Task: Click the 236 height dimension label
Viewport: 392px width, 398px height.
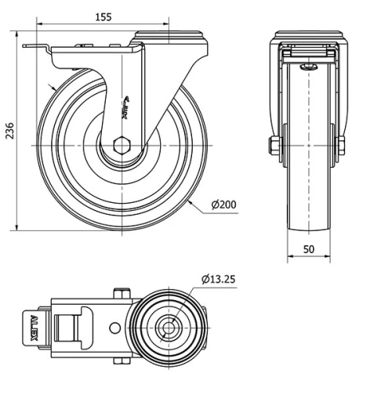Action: coord(9,132)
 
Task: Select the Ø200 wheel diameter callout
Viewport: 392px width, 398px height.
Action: coord(223,206)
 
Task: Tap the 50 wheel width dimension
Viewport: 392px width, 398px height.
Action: coord(309,249)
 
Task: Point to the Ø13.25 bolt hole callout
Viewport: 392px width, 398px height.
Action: coord(221,278)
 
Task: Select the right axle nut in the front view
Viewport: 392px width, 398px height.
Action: coord(342,146)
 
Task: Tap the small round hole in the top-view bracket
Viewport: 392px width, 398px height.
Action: coord(115,327)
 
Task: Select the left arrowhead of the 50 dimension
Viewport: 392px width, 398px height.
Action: coord(289,256)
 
